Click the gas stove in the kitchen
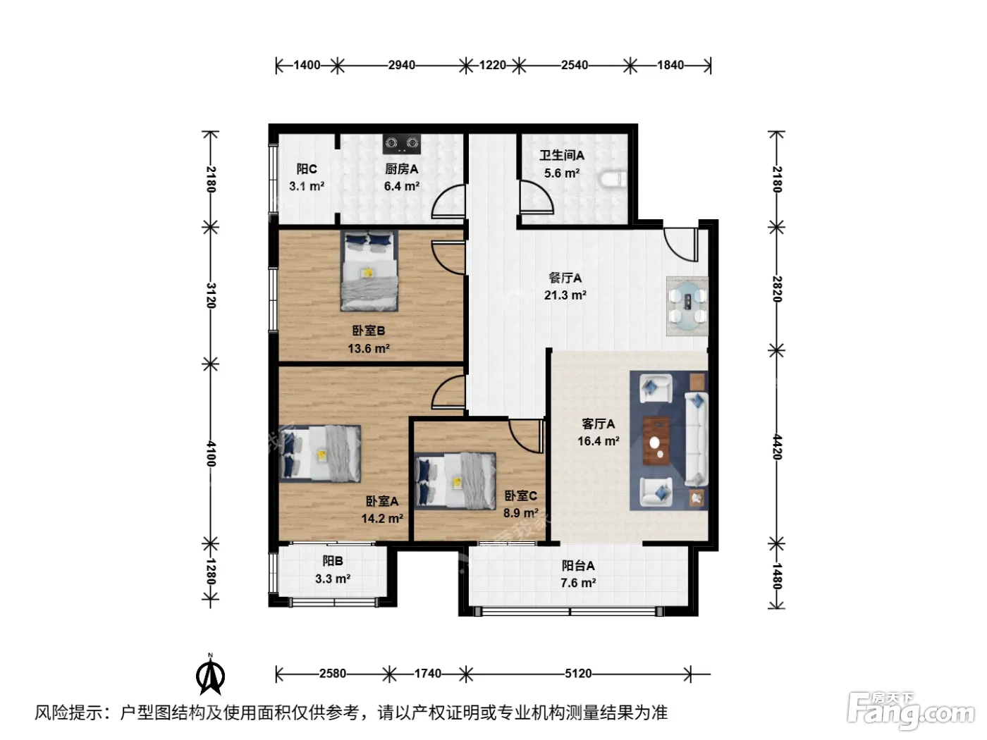pyautogui.click(x=402, y=143)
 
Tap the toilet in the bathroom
pyautogui.click(x=613, y=179)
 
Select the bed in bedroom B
pyautogui.click(x=369, y=271)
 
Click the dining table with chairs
pyautogui.click(x=687, y=306)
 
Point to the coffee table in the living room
pyautogui.click(x=656, y=440)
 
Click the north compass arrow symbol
pyautogui.click(x=210, y=675)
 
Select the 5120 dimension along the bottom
pyautogui.click(x=578, y=674)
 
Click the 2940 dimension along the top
pyautogui.click(x=401, y=65)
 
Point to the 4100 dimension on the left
pyautogui.click(x=211, y=454)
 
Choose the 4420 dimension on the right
pyautogui.click(x=778, y=447)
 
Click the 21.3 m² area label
pyautogui.click(x=565, y=295)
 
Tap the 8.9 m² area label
pyautogui.click(x=521, y=512)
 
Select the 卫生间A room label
pyautogui.click(x=562, y=156)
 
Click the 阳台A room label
pyautogui.click(x=578, y=565)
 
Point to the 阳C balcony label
pyautogui.click(x=307, y=169)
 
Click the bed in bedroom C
pyautogui.click(x=455, y=481)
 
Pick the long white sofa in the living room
pyautogui.click(x=696, y=439)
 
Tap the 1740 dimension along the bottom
pyautogui.click(x=428, y=674)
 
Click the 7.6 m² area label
pyautogui.click(x=578, y=583)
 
